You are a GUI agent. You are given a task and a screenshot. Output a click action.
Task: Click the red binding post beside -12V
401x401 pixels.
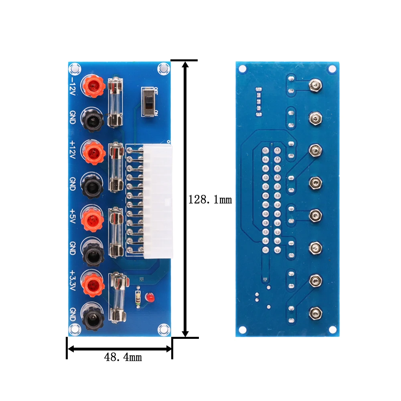pyautogui.click(x=93, y=85)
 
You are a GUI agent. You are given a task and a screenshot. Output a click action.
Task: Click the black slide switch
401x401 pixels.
pyautogui.click(x=149, y=102)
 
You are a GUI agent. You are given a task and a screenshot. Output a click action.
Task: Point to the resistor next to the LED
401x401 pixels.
pyautogui.click(x=138, y=297)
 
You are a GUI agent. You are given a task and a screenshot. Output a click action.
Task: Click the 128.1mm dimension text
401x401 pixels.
pyautogui.click(x=210, y=199)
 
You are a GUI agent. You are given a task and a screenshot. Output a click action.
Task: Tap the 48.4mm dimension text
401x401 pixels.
pyautogui.click(x=123, y=357)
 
